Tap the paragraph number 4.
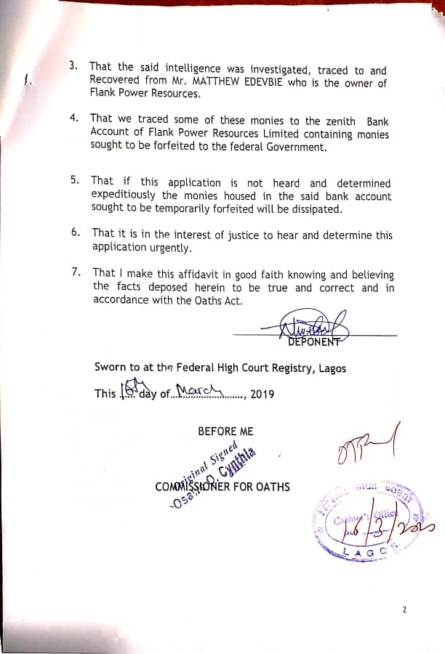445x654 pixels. pos(75,118)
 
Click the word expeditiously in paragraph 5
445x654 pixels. pos(124,195)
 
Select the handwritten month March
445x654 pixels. pos(198,392)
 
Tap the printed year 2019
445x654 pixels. pos(262,395)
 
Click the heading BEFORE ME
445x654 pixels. pos(225,431)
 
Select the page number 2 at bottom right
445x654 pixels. pos(404,609)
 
